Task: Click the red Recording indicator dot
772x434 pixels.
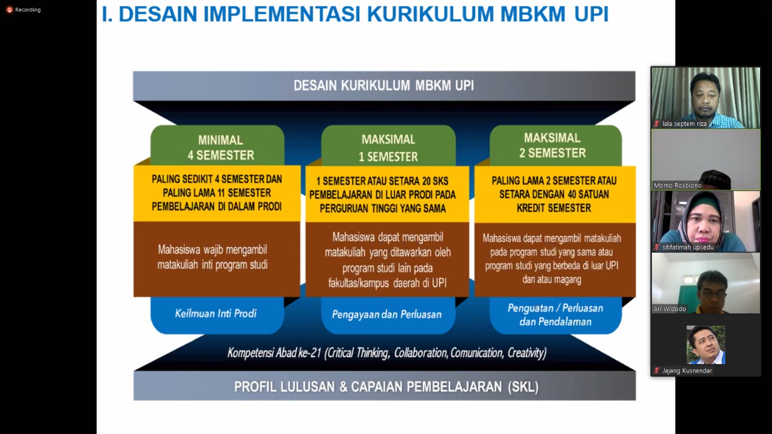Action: [10, 10]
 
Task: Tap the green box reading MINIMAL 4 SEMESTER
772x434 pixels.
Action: [218, 145]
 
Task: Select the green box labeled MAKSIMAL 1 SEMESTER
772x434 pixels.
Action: [388, 145]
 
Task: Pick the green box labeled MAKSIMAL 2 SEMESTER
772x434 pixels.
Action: [555, 145]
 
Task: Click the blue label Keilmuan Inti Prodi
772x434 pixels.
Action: [216, 313]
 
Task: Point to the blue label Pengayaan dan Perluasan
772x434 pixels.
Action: [387, 315]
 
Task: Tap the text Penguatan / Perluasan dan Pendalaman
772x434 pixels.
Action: [555, 315]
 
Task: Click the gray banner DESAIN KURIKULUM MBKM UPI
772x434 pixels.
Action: [384, 86]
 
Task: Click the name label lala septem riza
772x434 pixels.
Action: [684, 124]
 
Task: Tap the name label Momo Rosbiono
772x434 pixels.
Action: [677, 185]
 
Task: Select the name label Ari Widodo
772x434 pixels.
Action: [669, 309]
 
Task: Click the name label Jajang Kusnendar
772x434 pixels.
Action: [687, 371]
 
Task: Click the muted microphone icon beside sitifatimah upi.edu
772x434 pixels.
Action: [657, 247]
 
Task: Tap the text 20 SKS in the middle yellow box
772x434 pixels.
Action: [431, 181]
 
